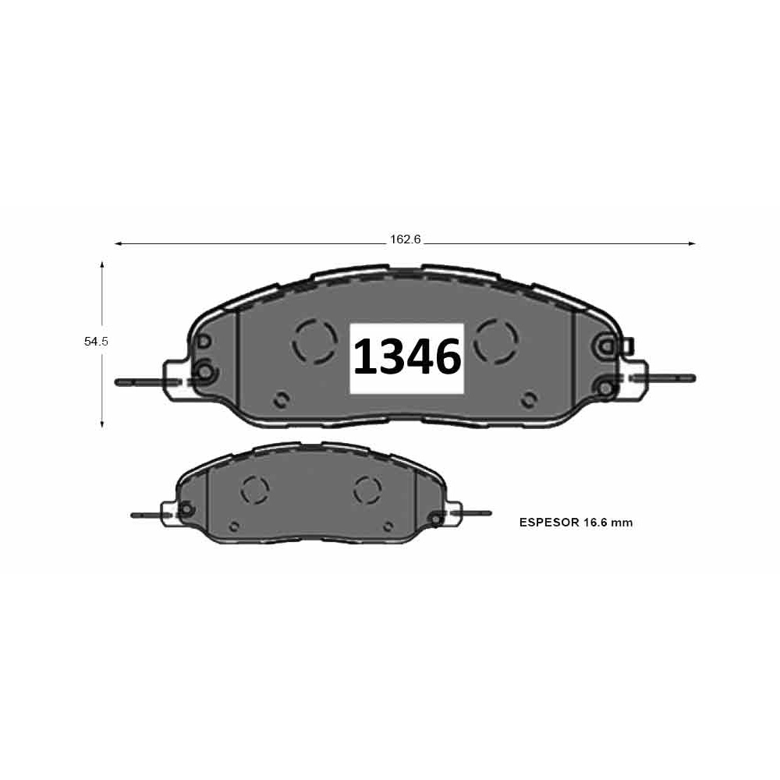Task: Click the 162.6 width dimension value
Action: [x=405, y=239]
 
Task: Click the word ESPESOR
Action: [x=548, y=523]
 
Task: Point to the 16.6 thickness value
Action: [x=595, y=523]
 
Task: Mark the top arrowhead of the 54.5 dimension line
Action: [x=102, y=265]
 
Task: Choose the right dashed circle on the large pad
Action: [x=496, y=341]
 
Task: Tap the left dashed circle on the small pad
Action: [x=254, y=490]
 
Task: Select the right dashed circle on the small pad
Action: [x=366, y=490]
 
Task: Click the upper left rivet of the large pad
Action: [x=204, y=342]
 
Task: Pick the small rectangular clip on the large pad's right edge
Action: [x=629, y=344]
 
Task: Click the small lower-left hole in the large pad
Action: [x=282, y=400]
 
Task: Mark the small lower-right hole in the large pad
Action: [x=530, y=400]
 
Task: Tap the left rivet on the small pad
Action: [x=186, y=511]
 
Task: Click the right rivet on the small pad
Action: [x=436, y=517]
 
